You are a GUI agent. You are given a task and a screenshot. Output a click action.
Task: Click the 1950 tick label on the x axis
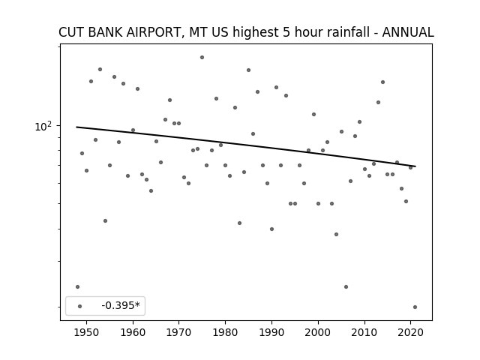click(x=86, y=332)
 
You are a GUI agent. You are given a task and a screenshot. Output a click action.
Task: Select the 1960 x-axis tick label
click(x=133, y=332)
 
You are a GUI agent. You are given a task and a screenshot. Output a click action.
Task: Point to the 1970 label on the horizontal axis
click(x=178, y=332)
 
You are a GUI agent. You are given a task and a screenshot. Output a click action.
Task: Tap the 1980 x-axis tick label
click(x=225, y=332)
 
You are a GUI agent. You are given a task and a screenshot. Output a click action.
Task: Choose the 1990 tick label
click(x=271, y=332)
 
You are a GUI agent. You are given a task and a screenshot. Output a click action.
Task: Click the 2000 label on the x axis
click(x=318, y=332)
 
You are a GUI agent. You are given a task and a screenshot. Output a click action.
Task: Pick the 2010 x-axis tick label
click(x=364, y=332)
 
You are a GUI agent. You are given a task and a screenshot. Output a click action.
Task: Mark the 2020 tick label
click(x=410, y=332)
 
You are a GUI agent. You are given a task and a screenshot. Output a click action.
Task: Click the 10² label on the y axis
click(x=43, y=126)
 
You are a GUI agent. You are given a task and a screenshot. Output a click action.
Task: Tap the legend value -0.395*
click(x=121, y=305)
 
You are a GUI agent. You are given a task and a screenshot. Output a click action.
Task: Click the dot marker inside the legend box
click(x=79, y=306)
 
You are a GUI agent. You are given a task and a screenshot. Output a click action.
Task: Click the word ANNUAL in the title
click(x=408, y=32)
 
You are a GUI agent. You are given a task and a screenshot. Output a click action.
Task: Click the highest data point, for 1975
click(x=202, y=57)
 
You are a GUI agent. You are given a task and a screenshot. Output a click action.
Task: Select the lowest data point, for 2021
click(x=415, y=307)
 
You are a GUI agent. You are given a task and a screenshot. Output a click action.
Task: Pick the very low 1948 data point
click(x=77, y=286)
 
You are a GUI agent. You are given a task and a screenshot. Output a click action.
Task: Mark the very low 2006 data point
click(x=346, y=286)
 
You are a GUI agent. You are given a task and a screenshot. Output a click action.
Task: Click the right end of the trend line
click(x=415, y=166)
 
